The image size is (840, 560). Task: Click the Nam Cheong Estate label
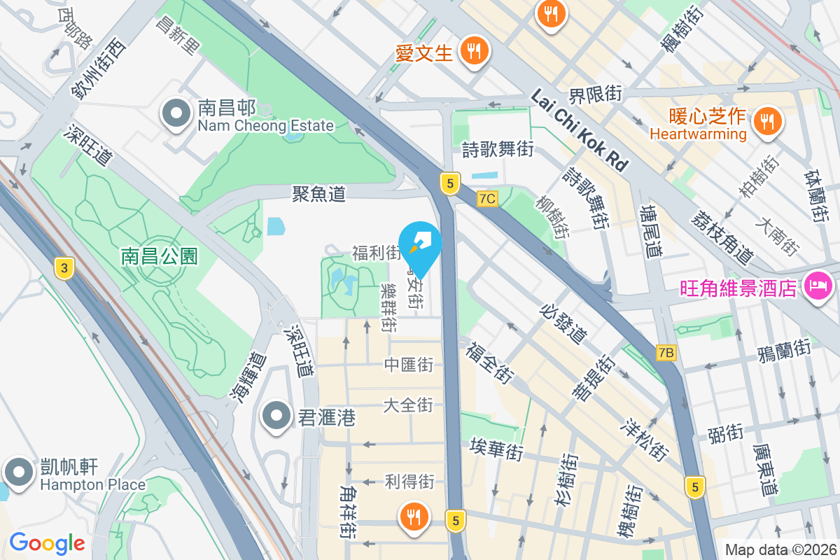pos(265,126)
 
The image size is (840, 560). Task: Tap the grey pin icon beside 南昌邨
pos(175,113)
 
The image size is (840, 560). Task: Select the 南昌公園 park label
pos(160,256)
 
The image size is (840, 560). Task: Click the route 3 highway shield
pos(64,267)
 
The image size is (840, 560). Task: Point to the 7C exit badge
pos(487,199)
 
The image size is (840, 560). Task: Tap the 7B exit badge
pos(666,353)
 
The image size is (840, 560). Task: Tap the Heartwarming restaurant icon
pos(768,122)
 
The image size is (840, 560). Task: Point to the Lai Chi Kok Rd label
pos(579,131)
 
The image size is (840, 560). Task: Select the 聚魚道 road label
pos(319,194)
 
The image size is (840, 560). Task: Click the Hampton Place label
pos(92,484)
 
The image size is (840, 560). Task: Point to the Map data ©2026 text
pos(780,550)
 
